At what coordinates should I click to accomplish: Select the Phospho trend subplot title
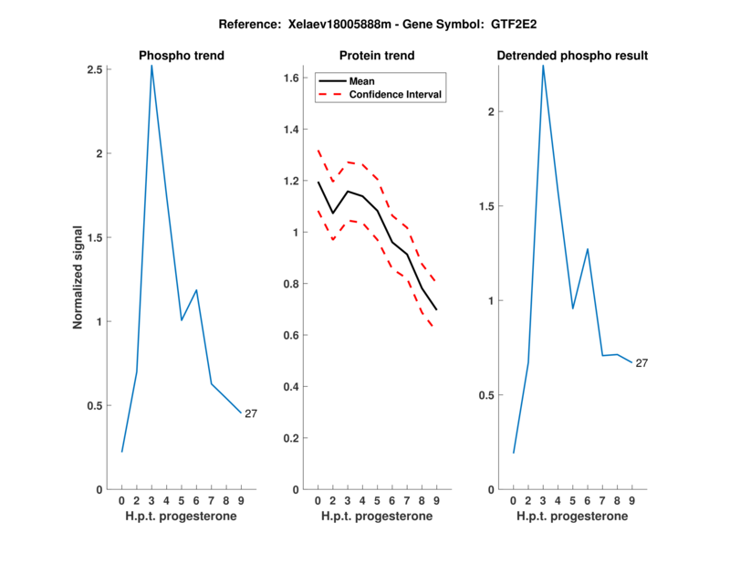182,56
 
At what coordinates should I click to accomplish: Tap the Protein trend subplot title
377,56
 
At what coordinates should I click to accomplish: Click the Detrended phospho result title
572,56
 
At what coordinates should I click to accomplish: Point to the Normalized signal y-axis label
78,277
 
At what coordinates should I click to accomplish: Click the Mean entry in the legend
362,80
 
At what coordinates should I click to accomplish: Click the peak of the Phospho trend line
151,66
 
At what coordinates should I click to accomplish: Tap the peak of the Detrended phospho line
543,66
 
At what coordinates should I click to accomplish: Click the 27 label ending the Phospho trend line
251,413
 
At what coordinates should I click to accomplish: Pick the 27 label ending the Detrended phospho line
641,363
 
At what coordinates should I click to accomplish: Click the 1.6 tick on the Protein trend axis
292,78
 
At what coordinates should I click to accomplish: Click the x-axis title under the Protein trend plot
377,517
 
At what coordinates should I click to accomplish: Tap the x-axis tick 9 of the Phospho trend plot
240,501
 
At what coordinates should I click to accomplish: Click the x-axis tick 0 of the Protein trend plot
318,501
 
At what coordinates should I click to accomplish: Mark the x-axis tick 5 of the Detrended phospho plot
572,501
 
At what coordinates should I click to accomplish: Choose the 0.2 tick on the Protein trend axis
292,438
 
